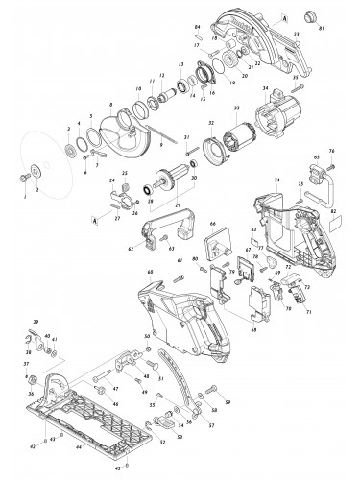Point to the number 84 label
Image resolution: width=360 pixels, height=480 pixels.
(197, 26)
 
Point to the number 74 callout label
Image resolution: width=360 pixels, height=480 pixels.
(276, 180)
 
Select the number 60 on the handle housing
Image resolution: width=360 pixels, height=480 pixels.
(150, 273)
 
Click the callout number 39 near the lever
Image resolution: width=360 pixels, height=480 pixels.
(36, 319)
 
